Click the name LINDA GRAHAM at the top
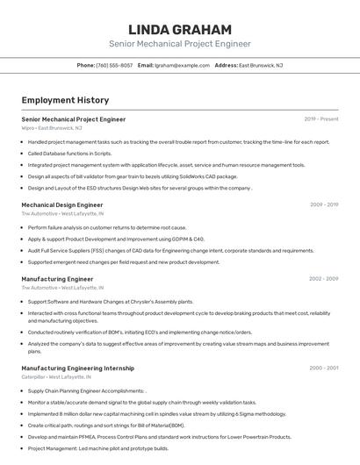179,29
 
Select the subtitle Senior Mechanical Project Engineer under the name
179,44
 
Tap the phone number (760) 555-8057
115,65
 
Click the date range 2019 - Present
321,118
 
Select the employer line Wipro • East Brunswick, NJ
52,128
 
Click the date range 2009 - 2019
324,204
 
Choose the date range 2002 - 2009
323,278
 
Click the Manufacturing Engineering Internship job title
77,368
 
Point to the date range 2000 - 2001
324,368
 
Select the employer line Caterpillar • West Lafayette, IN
62,377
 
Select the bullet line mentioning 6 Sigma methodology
157,413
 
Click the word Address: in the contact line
226,65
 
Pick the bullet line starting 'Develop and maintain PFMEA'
159,436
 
